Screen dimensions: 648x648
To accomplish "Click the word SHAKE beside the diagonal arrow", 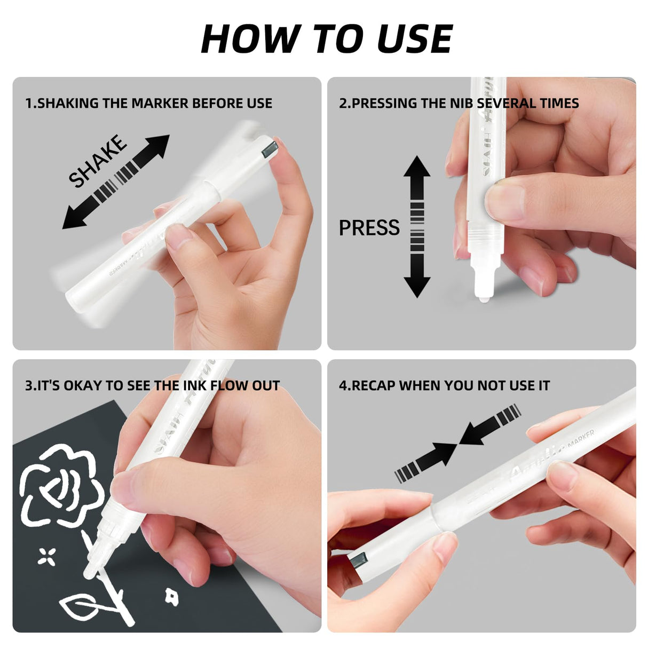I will coord(98,161).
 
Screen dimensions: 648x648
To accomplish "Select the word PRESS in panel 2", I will coord(369,228).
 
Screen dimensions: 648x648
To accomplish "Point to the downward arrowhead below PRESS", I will coord(417,286).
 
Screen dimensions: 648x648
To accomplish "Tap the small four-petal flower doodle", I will coord(47,556).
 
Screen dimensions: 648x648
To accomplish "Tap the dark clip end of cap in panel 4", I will coord(358,562).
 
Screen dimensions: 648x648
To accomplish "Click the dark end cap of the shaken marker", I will coord(268,147).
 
